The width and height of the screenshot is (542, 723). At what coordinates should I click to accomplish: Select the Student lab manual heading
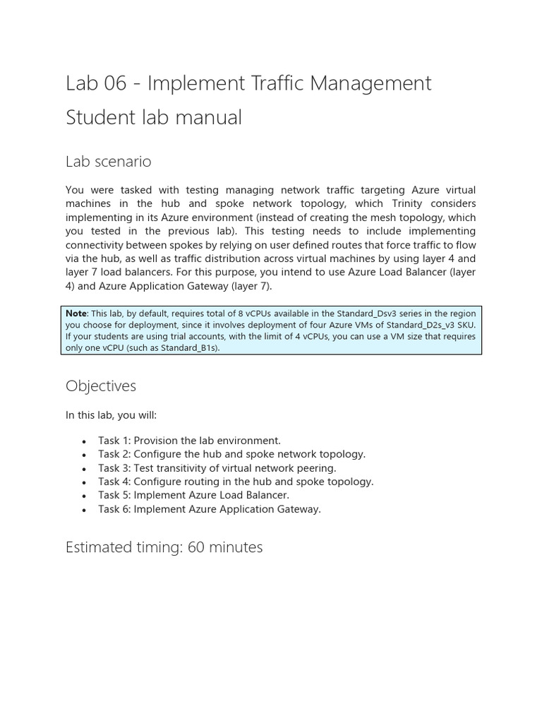tap(153, 117)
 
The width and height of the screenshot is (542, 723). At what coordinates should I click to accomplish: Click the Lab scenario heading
tap(108, 162)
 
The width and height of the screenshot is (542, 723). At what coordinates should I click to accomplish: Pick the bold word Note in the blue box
tap(76, 313)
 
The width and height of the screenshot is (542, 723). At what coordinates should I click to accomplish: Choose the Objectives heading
tap(101, 386)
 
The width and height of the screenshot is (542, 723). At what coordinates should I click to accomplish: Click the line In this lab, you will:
tap(111, 416)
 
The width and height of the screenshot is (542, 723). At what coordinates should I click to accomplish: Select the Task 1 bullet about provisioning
tap(189, 441)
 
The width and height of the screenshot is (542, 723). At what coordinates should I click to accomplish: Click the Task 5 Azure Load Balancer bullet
tap(193, 496)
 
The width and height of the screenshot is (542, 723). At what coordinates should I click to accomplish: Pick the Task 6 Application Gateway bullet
tap(209, 509)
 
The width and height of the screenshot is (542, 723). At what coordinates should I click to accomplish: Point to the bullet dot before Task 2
tap(83, 455)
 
